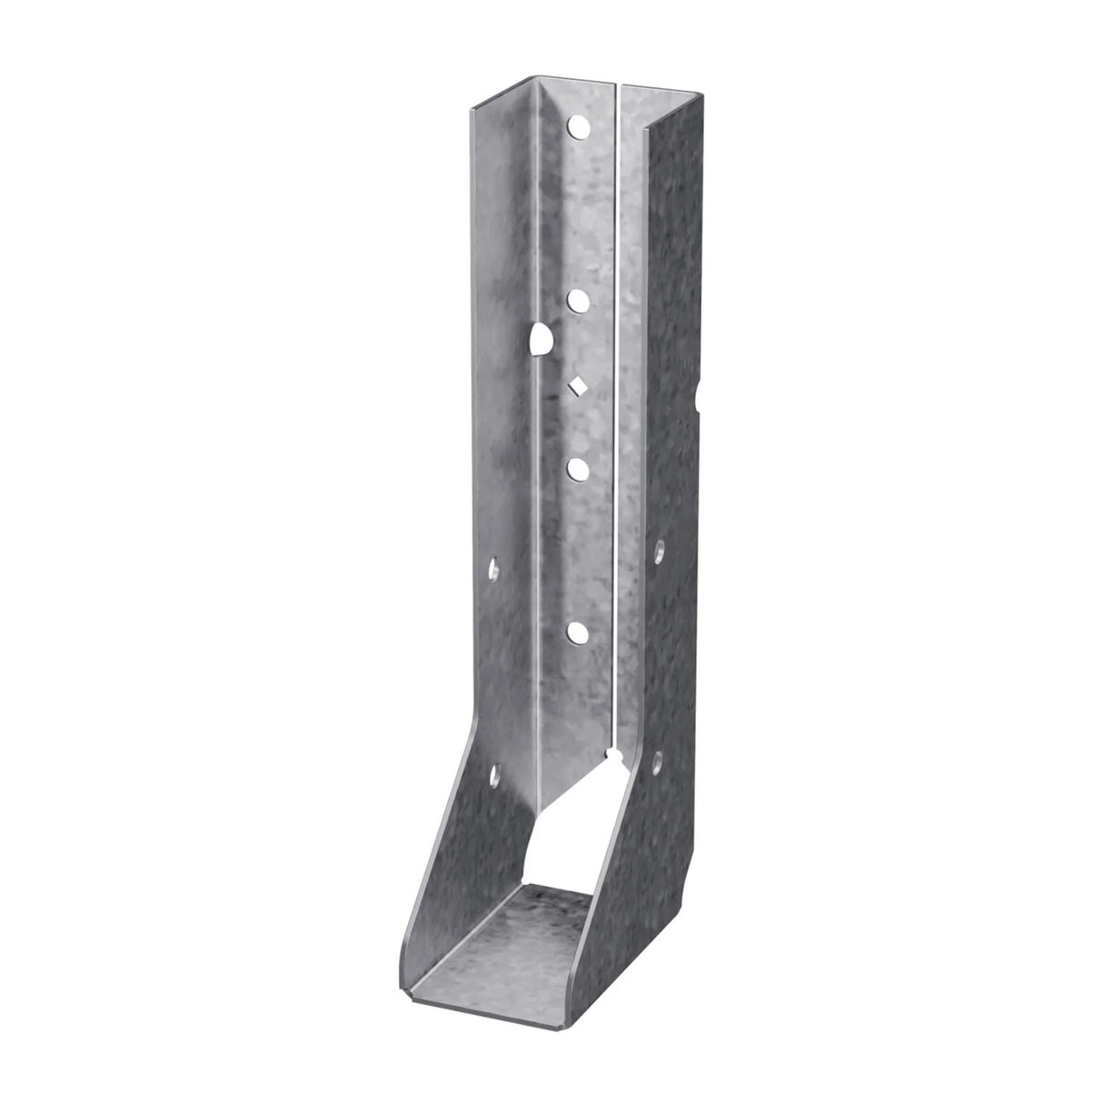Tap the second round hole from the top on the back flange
click(576, 298)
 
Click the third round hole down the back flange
click(576, 468)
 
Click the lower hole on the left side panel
click(496, 774)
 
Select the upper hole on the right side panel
click(660, 548)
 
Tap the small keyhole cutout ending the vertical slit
click(616, 757)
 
